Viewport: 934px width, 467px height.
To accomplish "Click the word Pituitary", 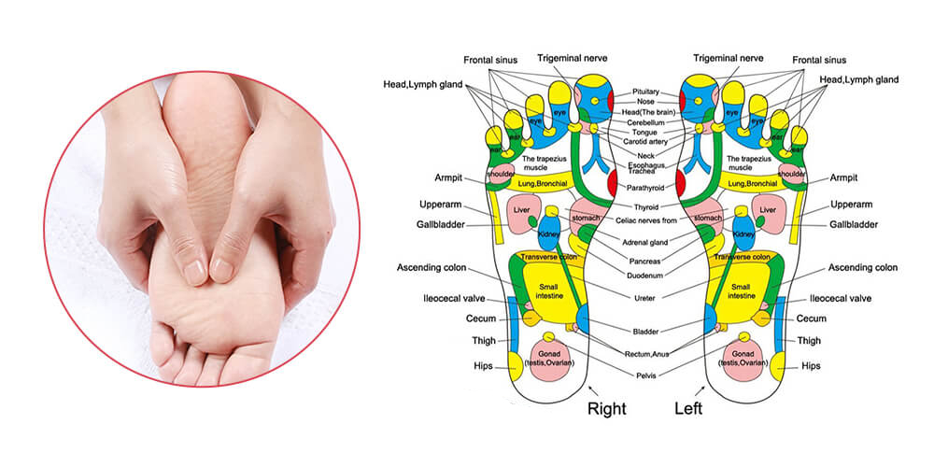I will coord(646,92).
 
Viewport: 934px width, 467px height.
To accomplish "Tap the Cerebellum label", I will coord(646,121).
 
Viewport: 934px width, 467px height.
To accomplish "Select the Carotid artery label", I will coord(646,142).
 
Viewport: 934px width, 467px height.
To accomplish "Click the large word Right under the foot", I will coord(605,407).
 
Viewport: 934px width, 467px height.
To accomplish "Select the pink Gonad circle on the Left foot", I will coord(743,361).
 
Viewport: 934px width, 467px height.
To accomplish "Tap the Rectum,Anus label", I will coord(646,353).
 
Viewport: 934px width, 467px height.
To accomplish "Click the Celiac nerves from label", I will coord(646,220).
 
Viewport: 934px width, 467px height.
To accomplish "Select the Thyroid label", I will coord(646,206).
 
